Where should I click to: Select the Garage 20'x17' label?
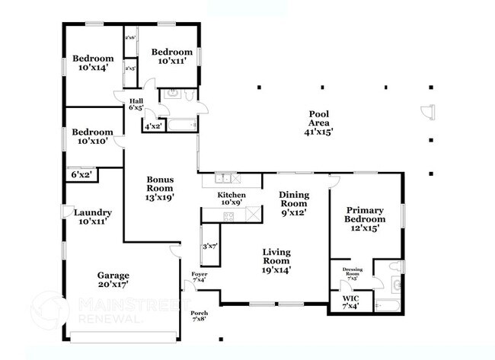112,279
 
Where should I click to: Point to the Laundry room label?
93,217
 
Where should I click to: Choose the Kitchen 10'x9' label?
232,199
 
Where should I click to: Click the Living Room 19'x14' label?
277,260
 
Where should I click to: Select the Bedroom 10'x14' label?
93,62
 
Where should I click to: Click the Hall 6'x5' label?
136,104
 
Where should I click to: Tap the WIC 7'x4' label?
351,302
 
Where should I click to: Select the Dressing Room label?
352,273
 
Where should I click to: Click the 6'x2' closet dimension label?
81,175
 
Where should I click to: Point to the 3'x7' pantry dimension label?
210,247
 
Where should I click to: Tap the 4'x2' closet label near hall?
153,126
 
